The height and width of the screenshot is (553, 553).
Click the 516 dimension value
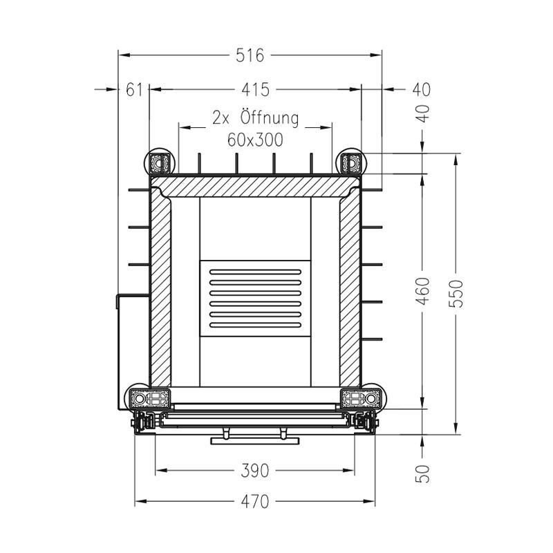250,55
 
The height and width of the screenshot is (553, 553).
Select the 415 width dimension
255,90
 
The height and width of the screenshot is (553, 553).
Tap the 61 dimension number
134,90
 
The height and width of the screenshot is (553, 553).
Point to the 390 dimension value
254,471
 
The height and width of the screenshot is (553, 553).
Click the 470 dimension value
254,501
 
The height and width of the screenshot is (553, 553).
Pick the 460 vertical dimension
423,291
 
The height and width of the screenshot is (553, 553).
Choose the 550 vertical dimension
456,293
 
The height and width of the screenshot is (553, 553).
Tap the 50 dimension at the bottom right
423,474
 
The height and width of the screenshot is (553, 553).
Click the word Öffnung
270,118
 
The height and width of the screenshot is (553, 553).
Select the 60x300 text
255,140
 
